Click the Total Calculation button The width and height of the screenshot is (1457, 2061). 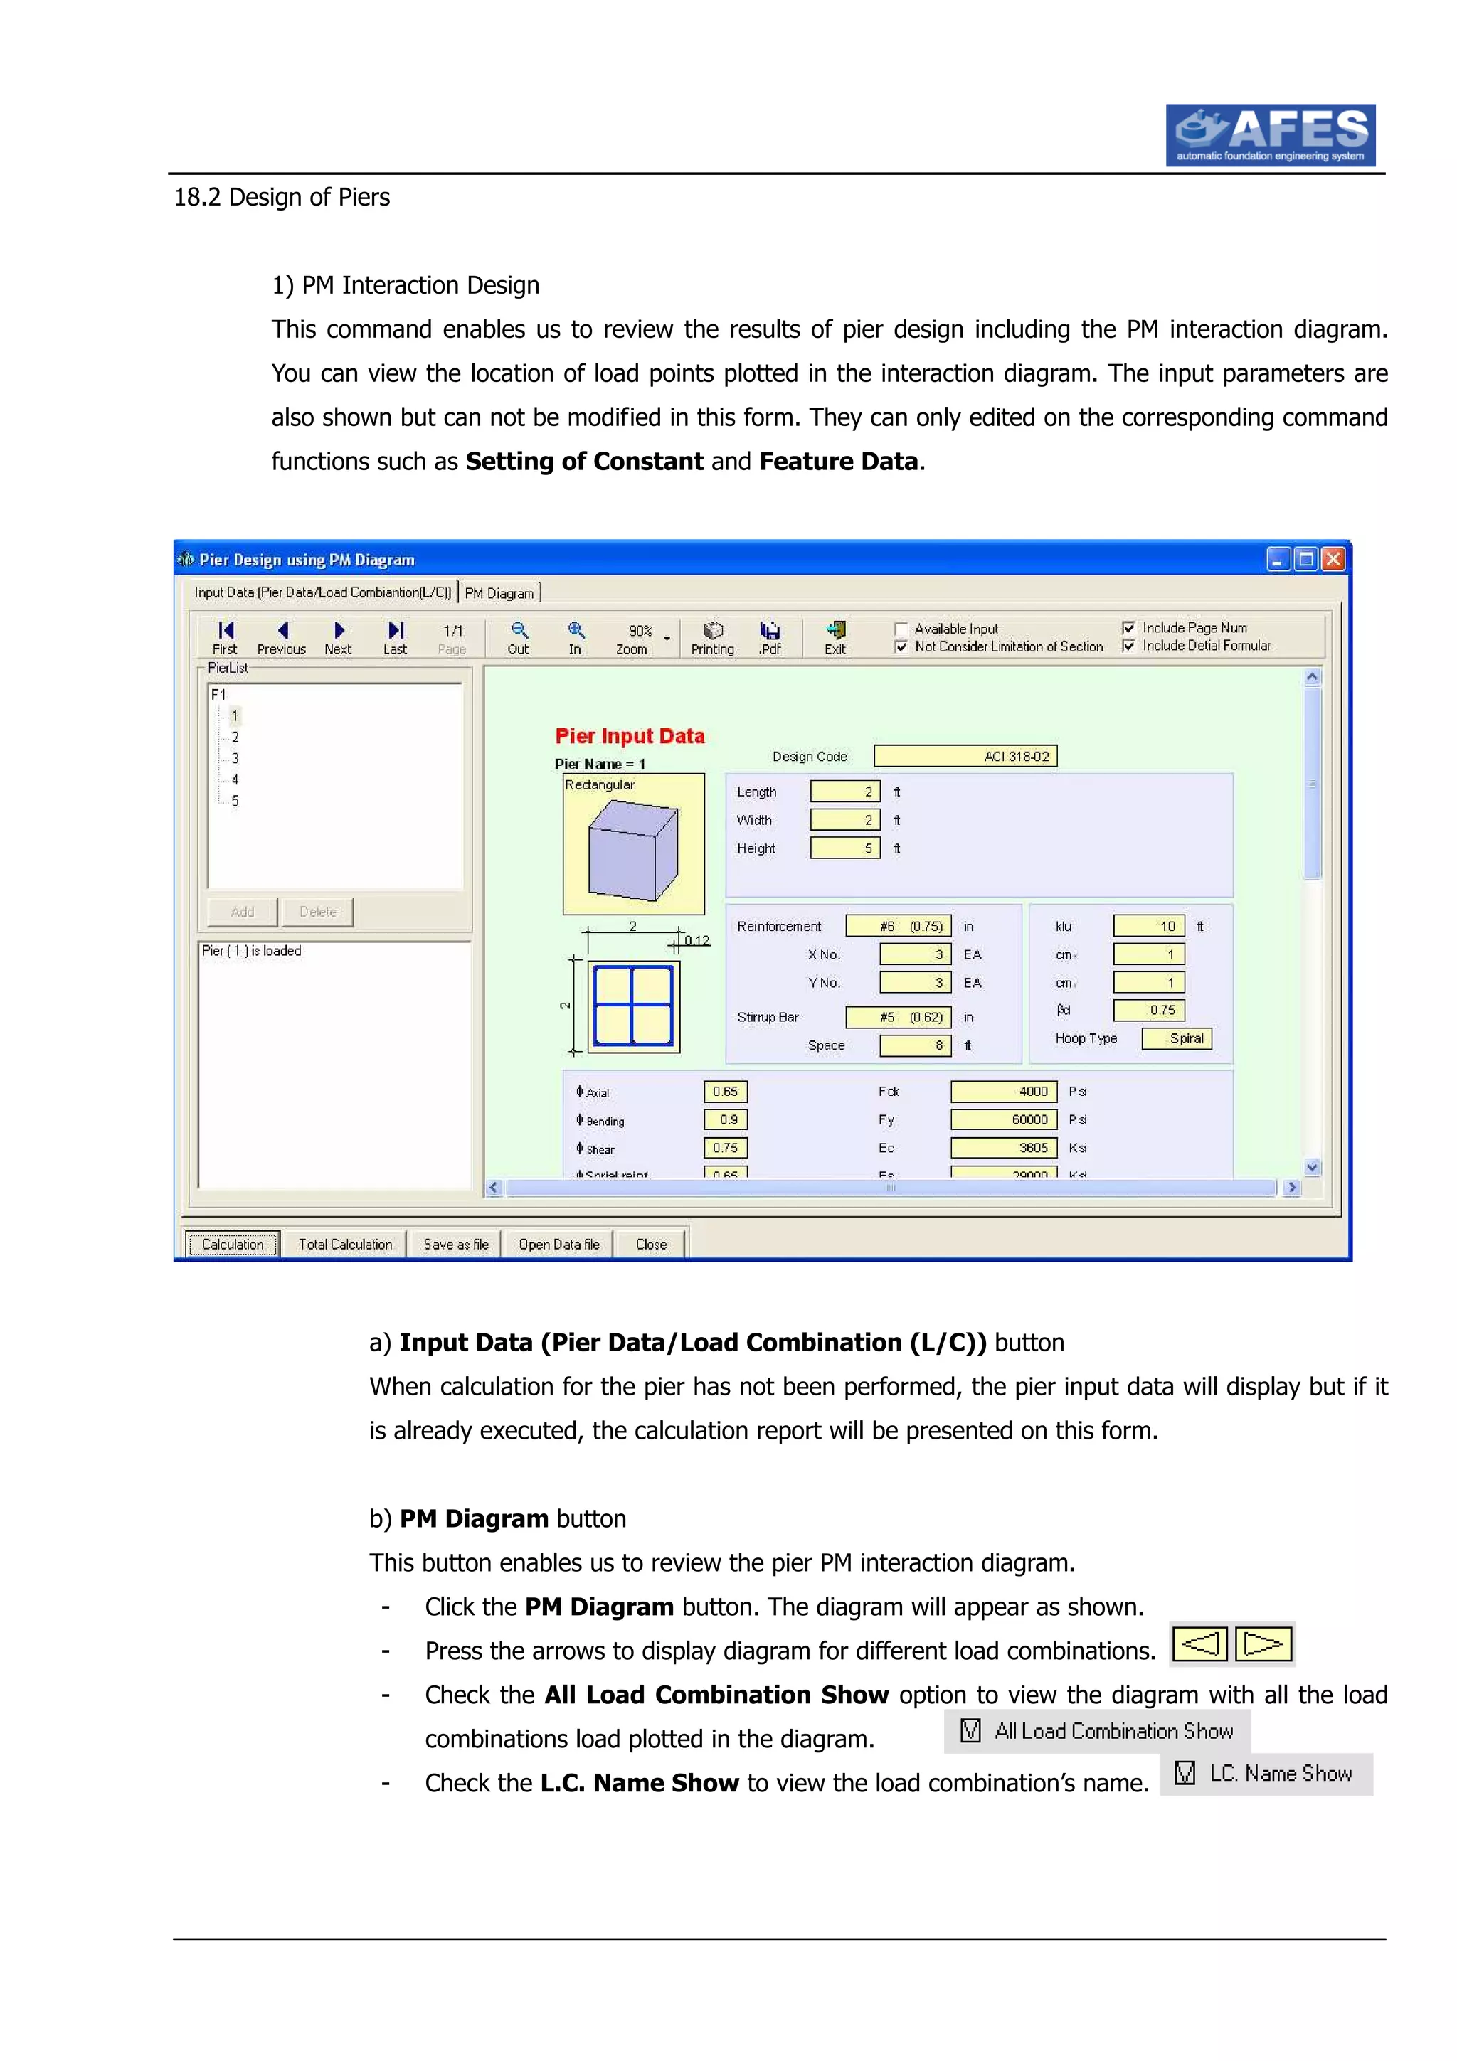pyautogui.click(x=345, y=1244)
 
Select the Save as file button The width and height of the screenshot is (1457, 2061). pyautogui.click(x=455, y=1244)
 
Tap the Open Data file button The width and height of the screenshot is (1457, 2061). pyautogui.click(x=558, y=1244)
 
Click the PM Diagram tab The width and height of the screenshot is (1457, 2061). pyautogui.click(x=499, y=593)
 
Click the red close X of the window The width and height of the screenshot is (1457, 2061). pyautogui.click(x=1334, y=559)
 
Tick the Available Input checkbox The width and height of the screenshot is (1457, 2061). pyautogui.click(x=901, y=629)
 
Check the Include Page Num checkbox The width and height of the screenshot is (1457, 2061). pyautogui.click(x=1128, y=627)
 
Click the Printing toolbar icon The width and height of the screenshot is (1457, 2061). pyautogui.click(x=713, y=631)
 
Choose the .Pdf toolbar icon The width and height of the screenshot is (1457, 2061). pyautogui.click(x=769, y=631)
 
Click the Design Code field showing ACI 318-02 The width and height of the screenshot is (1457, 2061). pyautogui.click(x=965, y=756)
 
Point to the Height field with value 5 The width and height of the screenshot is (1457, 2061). pyautogui.click(x=844, y=848)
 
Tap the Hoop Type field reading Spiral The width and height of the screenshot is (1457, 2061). pyautogui.click(x=1176, y=1038)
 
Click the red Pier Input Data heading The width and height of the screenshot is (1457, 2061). pyautogui.click(x=630, y=736)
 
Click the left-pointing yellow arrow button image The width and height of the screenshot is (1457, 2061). pyautogui.click(x=1199, y=1644)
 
